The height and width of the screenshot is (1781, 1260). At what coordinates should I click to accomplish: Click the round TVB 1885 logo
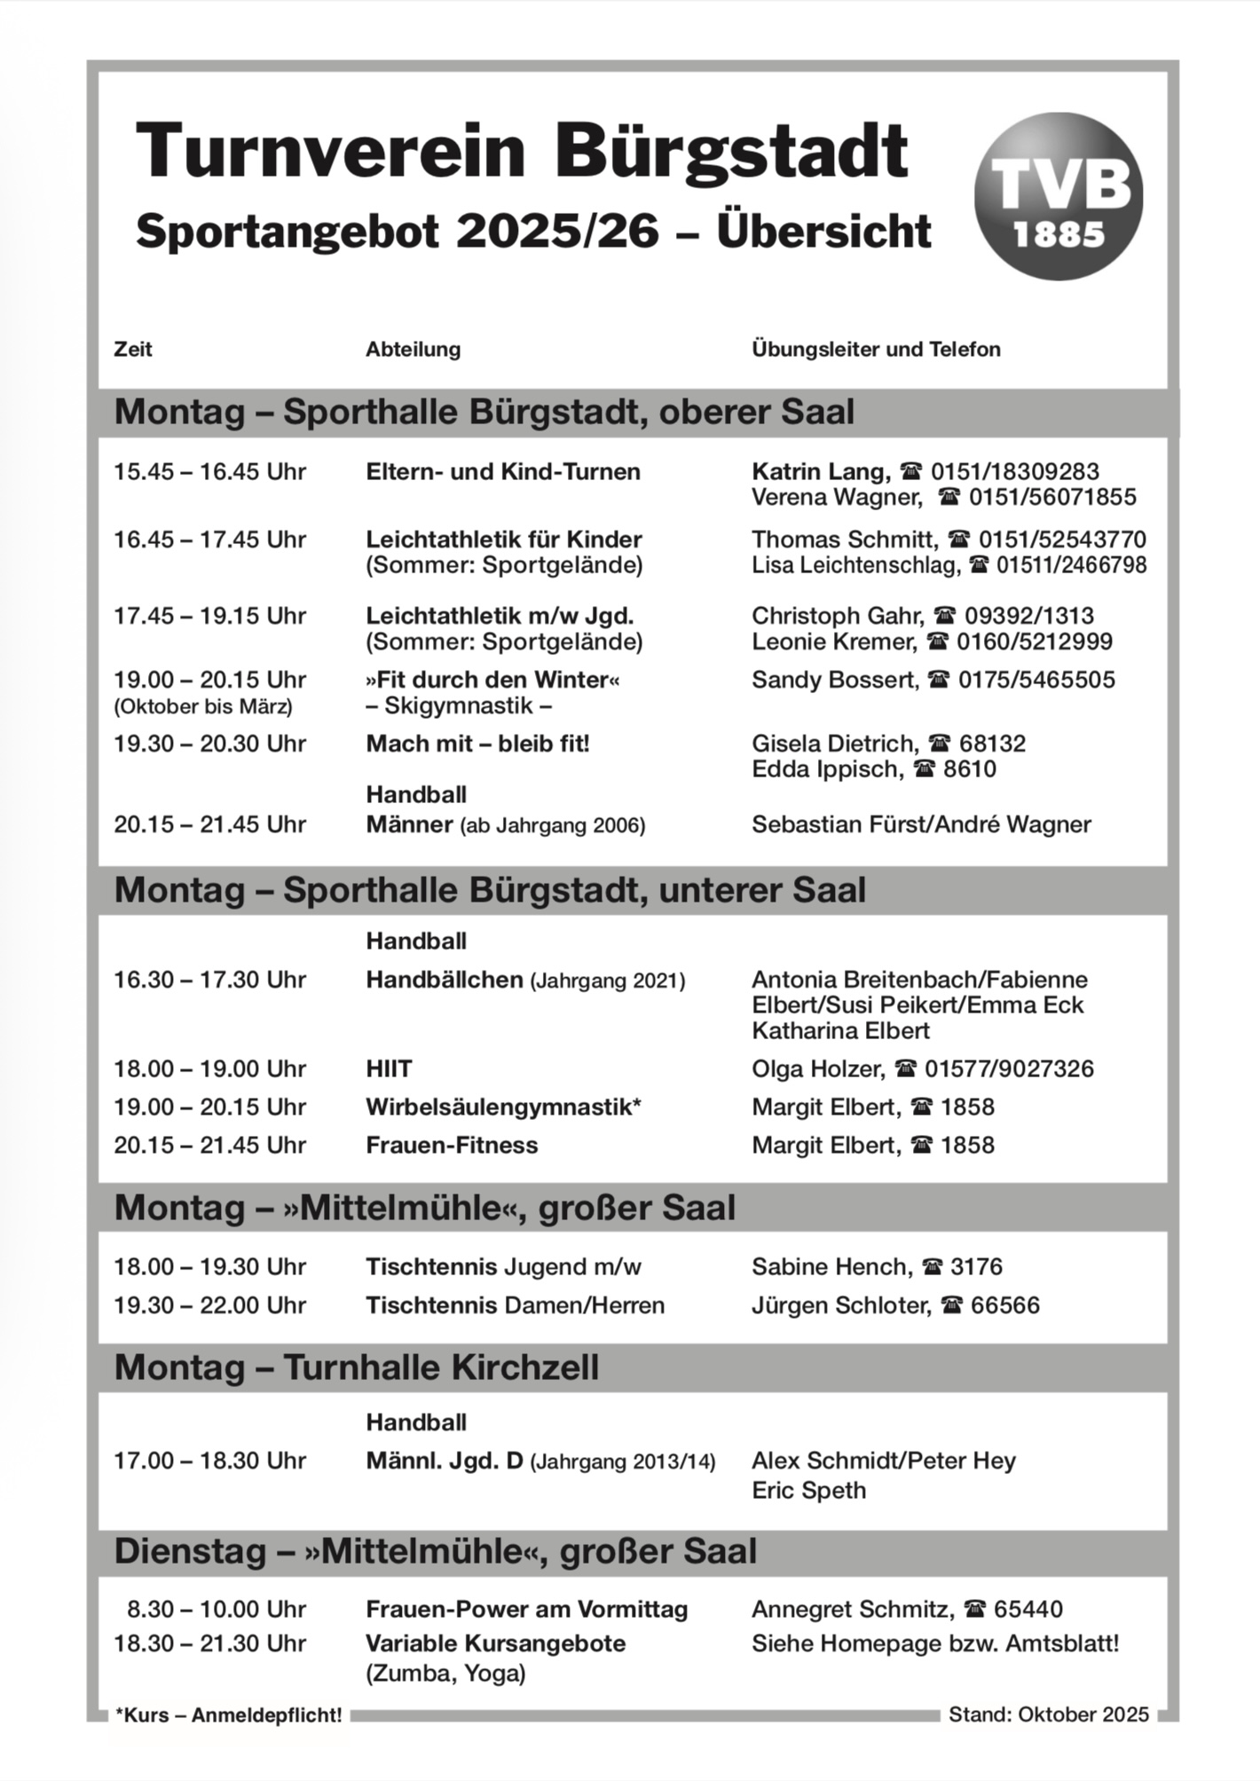1058,196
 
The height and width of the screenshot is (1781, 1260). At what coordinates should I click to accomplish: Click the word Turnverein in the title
330,151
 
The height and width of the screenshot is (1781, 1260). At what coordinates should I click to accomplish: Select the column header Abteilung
413,350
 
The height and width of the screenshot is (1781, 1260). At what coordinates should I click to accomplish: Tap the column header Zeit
132,350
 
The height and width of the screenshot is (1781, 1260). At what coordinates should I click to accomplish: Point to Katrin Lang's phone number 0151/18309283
1014,471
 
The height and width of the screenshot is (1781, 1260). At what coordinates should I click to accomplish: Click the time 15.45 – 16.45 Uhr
209,471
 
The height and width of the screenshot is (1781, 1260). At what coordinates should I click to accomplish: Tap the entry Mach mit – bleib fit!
477,744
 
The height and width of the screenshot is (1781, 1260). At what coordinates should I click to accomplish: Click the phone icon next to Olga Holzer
905,1069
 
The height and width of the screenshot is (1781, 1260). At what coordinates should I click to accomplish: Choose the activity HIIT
389,1069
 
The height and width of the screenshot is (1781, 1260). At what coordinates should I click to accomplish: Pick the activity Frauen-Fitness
452,1146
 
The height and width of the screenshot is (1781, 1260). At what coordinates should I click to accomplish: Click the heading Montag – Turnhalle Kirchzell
357,1367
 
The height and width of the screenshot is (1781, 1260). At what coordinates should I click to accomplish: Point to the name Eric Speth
808,1490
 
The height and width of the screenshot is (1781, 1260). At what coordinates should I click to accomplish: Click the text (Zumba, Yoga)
445,1674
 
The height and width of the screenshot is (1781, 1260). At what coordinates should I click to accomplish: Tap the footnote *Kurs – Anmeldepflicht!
228,1715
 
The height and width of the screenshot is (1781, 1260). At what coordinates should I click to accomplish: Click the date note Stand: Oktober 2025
1048,1714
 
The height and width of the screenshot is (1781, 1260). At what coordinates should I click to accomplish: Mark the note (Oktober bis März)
202,706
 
